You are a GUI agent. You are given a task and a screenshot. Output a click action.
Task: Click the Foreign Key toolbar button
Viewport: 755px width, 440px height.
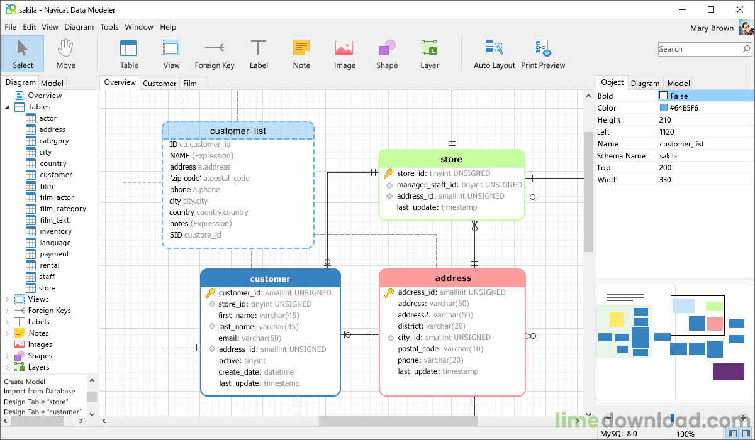(214, 53)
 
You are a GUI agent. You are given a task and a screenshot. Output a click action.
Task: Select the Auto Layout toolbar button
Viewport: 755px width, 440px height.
(494, 53)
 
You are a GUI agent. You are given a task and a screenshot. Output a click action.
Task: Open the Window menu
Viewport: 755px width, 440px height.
(139, 27)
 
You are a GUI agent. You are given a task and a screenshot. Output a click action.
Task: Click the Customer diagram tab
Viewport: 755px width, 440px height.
(159, 83)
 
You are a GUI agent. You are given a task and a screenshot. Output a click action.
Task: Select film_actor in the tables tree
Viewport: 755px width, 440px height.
(57, 197)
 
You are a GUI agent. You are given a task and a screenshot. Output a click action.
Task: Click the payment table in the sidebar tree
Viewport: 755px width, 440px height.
(55, 254)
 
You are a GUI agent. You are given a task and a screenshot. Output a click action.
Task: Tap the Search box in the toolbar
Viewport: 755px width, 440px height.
(700, 49)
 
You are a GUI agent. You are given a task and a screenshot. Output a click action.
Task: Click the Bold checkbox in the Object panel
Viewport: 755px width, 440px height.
(663, 96)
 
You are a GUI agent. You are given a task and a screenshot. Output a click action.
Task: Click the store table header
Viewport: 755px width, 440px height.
(451, 159)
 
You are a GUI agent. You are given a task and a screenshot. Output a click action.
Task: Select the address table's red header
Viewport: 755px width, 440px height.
(452, 278)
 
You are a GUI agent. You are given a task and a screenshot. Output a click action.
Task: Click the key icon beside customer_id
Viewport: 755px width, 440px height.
(210, 292)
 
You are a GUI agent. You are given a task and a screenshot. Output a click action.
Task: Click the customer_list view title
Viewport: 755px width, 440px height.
(238, 131)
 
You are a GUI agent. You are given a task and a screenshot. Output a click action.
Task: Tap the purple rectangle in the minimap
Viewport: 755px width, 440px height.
(728, 371)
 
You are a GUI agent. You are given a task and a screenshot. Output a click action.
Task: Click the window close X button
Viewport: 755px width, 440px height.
(739, 9)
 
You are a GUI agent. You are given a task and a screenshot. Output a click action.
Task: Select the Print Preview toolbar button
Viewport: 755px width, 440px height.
(543, 53)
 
